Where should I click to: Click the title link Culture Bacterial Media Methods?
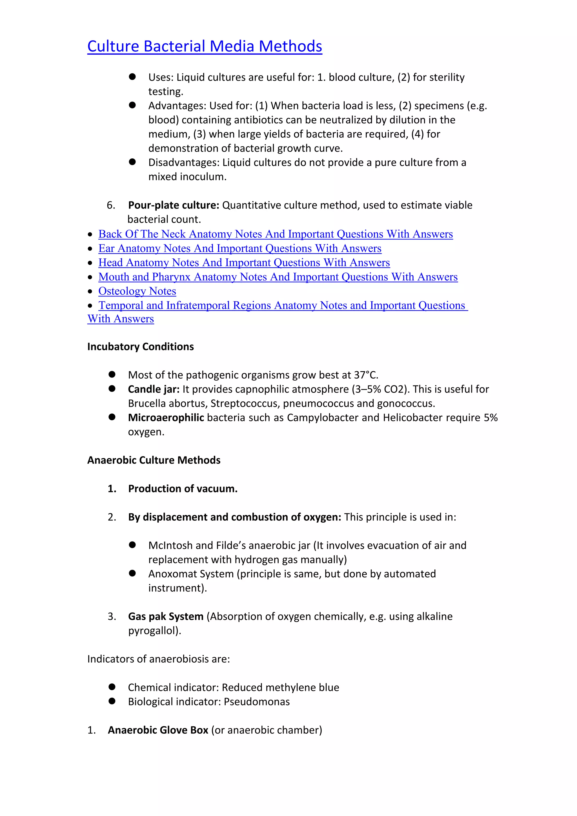coord(205,46)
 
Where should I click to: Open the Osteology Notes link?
coord(137,291)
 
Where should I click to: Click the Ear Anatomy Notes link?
coord(240,249)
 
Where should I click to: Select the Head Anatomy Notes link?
coord(244,263)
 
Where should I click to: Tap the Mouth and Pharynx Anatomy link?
coord(278,277)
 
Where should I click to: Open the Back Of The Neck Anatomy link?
coord(275,234)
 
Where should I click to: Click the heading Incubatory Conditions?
coord(140,347)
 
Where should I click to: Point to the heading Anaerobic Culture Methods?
coord(154,460)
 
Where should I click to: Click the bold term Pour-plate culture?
coord(173,205)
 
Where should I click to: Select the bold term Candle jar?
coord(154,389)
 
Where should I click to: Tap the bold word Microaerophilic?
coord(166,418)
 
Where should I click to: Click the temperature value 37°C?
coord(365,375)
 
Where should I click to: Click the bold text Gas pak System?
coord(166,617)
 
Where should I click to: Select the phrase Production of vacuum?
coord(183,489)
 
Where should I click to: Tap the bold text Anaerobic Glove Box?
coord(158,730)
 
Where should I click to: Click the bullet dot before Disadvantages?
coord(132,162)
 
